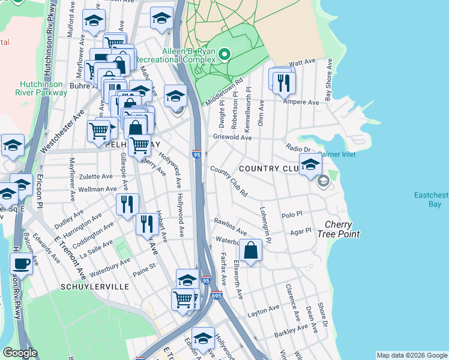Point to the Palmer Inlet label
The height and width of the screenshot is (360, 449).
pyautogui.click(x=337, y=154)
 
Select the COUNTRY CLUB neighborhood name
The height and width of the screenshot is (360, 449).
pyautogui.click(x=269, y=169)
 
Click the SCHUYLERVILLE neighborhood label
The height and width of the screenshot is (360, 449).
pyautogui.click(x=95, y=287)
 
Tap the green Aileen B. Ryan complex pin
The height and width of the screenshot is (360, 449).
pyautogui.click(x=224, y=55)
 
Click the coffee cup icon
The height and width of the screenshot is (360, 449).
pyautogui.click(x=22, y=263)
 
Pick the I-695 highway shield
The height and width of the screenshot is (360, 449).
pyautogui.click(x=217, y=295)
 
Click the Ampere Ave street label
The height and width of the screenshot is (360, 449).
pyautogui.click(x=305, y=103)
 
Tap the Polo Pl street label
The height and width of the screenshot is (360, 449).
pyautogui.click(x=291, y=214)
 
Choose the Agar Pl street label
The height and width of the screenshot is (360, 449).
pyautogui.click(x=300, y=231)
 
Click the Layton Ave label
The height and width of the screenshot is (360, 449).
pyautogui.click(x=264, y=313)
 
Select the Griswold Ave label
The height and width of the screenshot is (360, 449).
pyautogui.click(x=232, y=137)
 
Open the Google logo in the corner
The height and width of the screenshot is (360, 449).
pyautogui.click(x=20, y=353)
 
